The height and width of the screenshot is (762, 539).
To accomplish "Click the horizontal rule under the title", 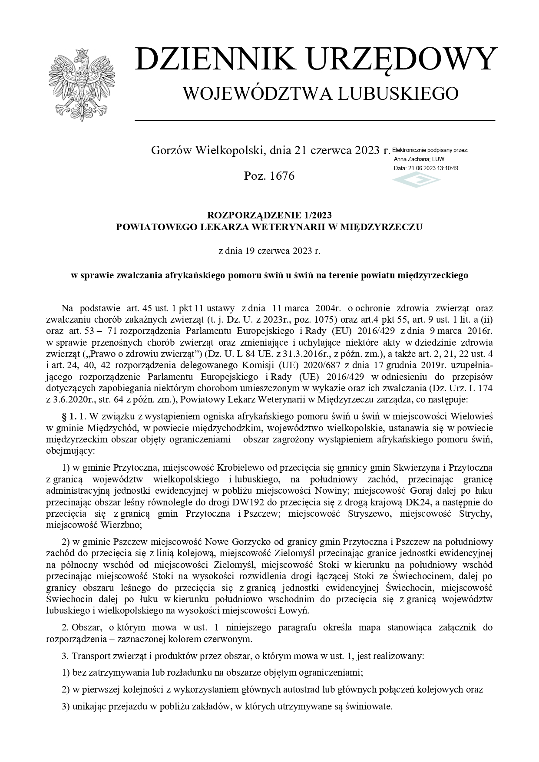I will pos(315,120).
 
